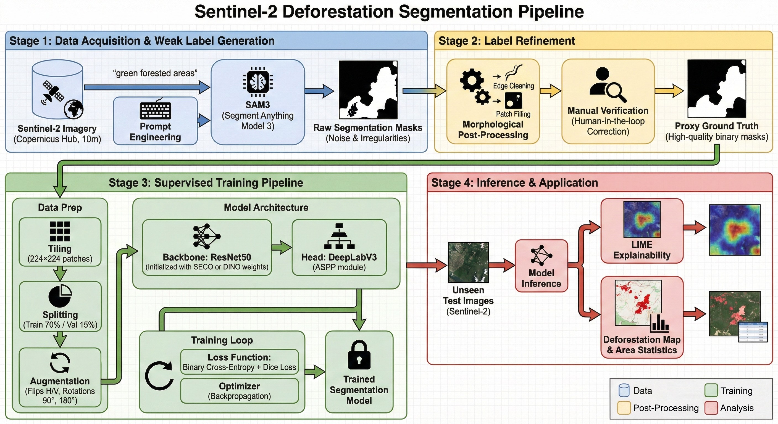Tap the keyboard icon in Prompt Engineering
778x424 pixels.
point(155,110)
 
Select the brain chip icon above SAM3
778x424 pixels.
point(257,81)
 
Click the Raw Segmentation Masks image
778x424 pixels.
point(368,90)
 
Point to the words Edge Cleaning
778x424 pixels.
point(513,86)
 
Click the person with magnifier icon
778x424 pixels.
point(607,85)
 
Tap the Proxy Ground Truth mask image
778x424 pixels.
point(716,89)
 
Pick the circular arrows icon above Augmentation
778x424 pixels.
point(60,363)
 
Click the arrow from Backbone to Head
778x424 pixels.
point(281,247)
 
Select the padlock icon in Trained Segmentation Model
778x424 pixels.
point(359,355)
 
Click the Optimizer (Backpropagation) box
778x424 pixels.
point(239,391)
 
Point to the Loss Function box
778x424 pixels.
point(239,362)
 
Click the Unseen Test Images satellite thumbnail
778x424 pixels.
point(468,262)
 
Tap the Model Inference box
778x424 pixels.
point(541,266)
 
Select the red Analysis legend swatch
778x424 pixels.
point(711,408)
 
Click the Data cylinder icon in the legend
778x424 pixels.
point(624,390)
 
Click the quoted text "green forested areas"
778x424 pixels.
point(155,73)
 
